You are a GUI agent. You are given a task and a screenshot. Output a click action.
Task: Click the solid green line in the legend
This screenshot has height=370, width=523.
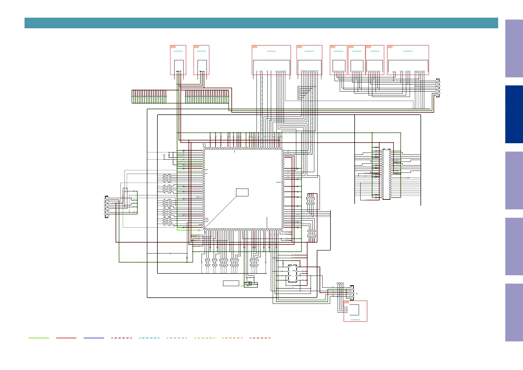point(39,338)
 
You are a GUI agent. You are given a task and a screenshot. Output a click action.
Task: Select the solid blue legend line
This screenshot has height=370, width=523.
point(94,338)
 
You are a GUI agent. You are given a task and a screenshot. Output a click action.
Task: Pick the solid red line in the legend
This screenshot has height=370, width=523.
point(66,338)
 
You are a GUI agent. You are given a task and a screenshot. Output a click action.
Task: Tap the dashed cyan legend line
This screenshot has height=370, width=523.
point(149,338)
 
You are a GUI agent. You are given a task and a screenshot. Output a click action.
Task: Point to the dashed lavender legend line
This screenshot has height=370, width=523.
point(177,338)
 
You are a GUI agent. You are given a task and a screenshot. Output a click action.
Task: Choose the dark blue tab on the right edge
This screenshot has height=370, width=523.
point(514,114)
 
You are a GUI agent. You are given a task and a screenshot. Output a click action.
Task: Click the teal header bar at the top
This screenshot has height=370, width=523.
point(261,23)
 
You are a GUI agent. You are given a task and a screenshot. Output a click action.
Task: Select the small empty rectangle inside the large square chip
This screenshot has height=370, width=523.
point(242,192)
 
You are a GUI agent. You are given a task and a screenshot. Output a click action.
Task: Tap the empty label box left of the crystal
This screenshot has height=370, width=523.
point(231,283)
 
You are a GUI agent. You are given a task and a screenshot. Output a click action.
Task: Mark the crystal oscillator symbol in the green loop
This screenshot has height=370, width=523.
point(250,283)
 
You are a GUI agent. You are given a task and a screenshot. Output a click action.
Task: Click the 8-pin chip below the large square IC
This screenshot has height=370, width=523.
point(292,273)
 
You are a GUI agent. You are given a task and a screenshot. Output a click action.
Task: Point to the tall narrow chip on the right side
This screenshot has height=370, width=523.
point(386,174)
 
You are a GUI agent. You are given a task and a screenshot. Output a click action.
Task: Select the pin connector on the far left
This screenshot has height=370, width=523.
point(107,207)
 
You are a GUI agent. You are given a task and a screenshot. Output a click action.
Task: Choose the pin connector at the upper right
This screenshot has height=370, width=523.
point(437,88)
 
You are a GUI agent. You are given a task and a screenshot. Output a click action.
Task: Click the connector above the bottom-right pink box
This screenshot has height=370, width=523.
point(352,292)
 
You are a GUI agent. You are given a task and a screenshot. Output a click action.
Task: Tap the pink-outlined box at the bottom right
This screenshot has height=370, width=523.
point(355,311)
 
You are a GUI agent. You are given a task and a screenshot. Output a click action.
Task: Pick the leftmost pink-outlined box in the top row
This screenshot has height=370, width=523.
point(178,60)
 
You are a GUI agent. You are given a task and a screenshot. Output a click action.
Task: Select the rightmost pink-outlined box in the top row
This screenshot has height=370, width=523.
point(408,60)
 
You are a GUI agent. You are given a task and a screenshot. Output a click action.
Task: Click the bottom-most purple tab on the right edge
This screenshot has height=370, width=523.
point(514,312)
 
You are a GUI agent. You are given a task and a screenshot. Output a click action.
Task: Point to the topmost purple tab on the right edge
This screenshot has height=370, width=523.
point(514,48)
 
